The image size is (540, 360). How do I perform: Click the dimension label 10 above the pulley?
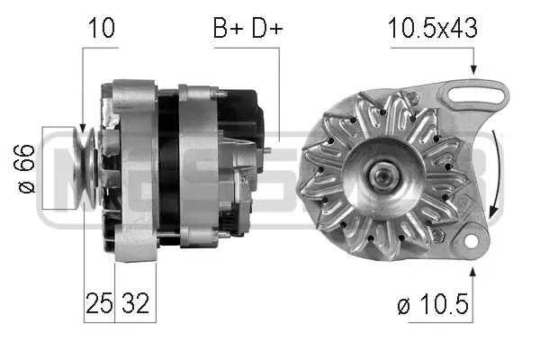tap(102, 28)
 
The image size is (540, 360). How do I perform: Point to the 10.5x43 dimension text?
tap(432, 28)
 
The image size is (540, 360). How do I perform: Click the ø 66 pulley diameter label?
tap(26, 169)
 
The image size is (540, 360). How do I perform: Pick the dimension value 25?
tap(98, 303)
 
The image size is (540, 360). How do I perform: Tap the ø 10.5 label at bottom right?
tap(432, 306)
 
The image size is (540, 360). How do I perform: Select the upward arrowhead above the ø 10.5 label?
tap(471, 270)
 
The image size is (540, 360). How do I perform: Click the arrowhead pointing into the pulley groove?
tap(82, 129)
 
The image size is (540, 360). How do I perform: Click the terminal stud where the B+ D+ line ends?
tap(267, 148)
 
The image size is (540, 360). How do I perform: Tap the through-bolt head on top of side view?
tap(216, 90)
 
